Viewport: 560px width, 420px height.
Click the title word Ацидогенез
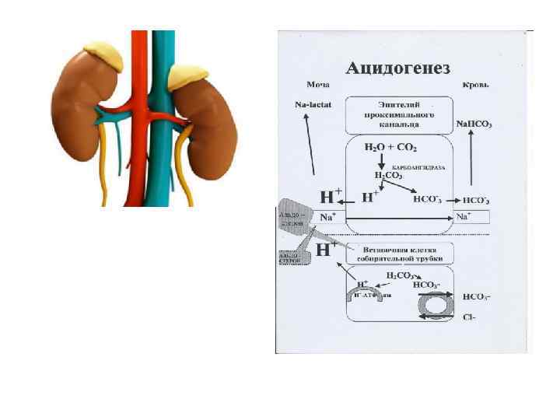coord(397,68)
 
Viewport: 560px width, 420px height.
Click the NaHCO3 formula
coord(474,124)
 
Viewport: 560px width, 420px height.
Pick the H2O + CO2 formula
coord(391,147)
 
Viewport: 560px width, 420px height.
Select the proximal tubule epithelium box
coord(398,114)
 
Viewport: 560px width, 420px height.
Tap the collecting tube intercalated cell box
coord(398,254)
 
